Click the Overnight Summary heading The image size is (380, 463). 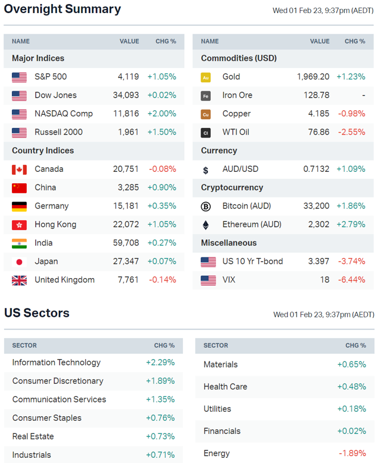[x=62, y=10]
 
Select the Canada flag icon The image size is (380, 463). [x=19, y=170]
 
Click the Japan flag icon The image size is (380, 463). [x=19, y=262]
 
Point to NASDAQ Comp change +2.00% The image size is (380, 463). [x=162, y=114]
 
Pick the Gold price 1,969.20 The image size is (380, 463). [x=313, y=77]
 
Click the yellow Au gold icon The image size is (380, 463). [x=206, y=77]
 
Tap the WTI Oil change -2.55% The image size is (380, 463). [x=351, y=132]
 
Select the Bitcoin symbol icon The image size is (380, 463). [x=206, y=206]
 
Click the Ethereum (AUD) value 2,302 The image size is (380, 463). [x=319, y=224]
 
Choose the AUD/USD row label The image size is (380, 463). [x=240, y=169]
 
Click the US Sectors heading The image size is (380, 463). [x=37, y=313]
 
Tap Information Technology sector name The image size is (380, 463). [x=56, y=363]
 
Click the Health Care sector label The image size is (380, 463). [x=225, y=386]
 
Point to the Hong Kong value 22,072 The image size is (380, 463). [x=126, y=224]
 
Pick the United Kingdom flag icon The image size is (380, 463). [x=19, y=280]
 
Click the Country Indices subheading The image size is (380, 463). [x=43, y=151]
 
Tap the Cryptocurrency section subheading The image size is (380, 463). [x=232, y=187]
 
